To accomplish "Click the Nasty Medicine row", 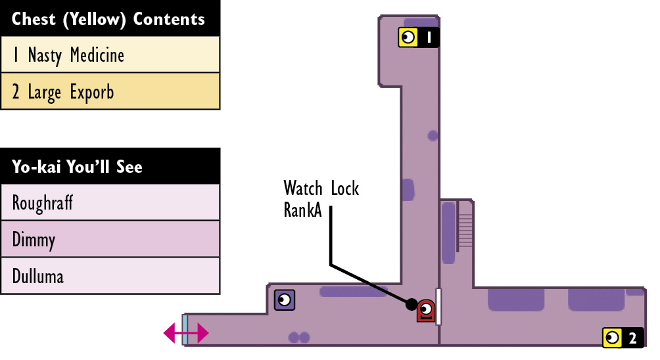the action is pyautogui.click(x=110, y=55).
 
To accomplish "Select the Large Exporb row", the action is pyautogui.click(x=110, y=91).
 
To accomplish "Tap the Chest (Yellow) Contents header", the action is pyautogui.click(x=110, y=18).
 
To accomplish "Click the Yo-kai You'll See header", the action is pyautogui.click(x=110, y=166).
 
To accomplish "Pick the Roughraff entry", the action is pyautogui.click(x=110, y=202).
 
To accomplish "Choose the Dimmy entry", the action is pyautogui.click(x=110, y=239).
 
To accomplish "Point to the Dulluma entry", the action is pyautogui.click(x=110, y=276).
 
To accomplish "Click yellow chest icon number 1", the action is pyautogui.click(x=408, y=37).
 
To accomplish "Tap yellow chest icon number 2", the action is pyautogui.click(x=613, y=338).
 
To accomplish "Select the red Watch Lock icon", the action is pyautogui.click(x=425, y=311).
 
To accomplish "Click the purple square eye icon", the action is pyautogui.click(x=285, y=300).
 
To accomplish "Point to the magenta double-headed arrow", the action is pyautogui.click(x=185, y=333).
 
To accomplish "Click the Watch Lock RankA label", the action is pyautogui.click(x=321, y=199).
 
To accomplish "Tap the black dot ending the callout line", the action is pyautogui.click(x=412, y=304).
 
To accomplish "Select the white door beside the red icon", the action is pyautogui.click(x=438, y=307).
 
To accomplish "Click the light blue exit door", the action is pyautogui.click(x=185, y=330).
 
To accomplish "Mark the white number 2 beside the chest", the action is pyautogui.click(x=632, y=338).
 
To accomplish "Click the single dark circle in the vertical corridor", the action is pyautogui.click(x=433, y=135).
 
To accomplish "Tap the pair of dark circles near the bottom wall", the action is pyautogui.click(x=299, y=337).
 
